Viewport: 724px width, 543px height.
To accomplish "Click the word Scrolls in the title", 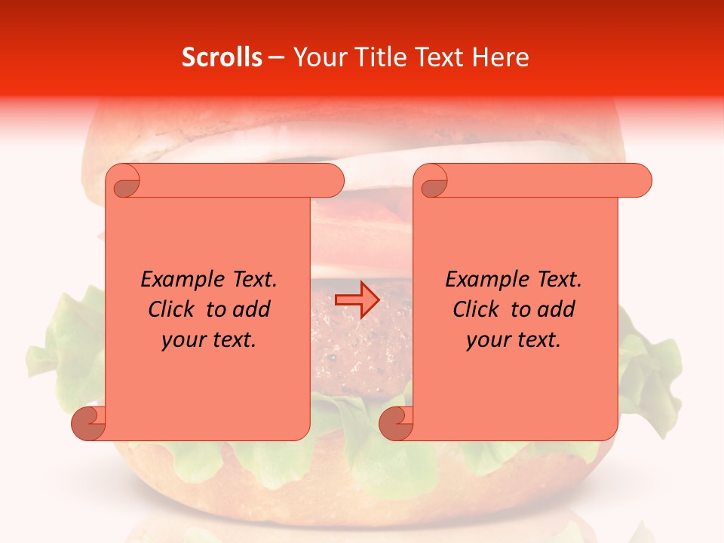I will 222,57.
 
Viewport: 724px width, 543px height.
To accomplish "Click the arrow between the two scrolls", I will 357,300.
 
